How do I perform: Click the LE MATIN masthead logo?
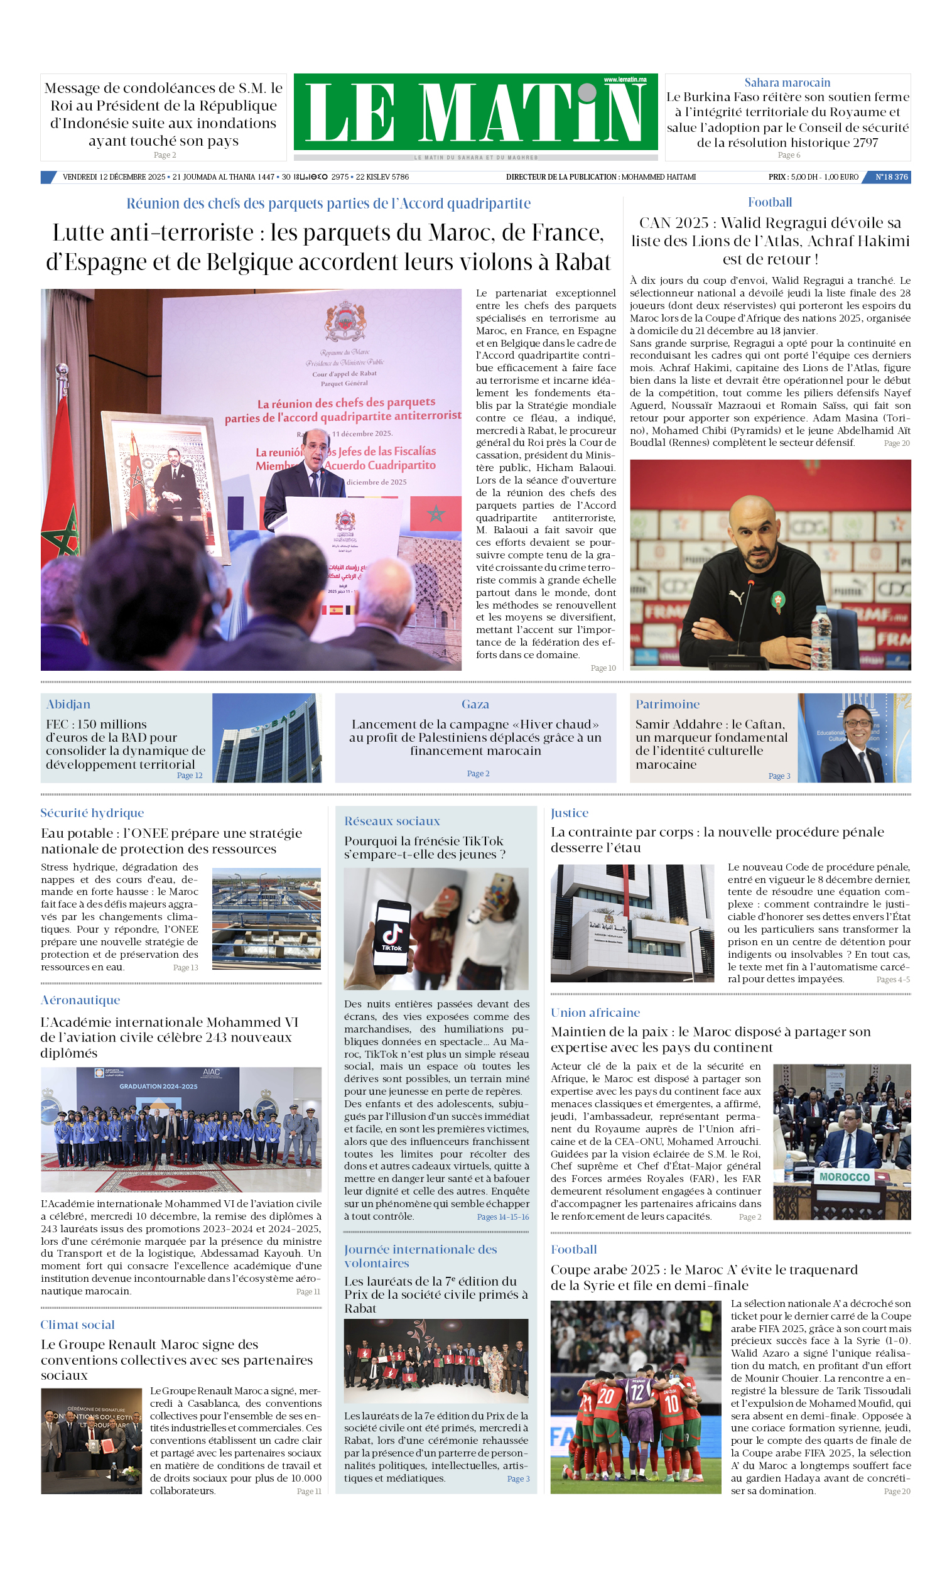click(475, 112)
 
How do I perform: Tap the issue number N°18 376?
click(890, 176)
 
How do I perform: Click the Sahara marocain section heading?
click(787, 82)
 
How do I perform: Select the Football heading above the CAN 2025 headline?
click(769, 202)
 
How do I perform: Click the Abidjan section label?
click(68, 703)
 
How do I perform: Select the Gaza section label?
click(475, 703)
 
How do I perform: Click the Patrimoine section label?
click(667, 703)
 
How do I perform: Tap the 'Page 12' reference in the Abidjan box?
click(190, 775)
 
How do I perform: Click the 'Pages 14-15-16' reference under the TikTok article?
click(503, 1217)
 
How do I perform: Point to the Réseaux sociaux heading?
click(392, 821)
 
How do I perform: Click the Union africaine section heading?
click(595, 1012)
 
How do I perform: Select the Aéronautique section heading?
click(80, 1000)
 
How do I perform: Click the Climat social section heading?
click(78, 1325)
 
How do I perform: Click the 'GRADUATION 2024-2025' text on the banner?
click(158, 1086)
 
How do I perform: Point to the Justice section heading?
click(569, 813)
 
